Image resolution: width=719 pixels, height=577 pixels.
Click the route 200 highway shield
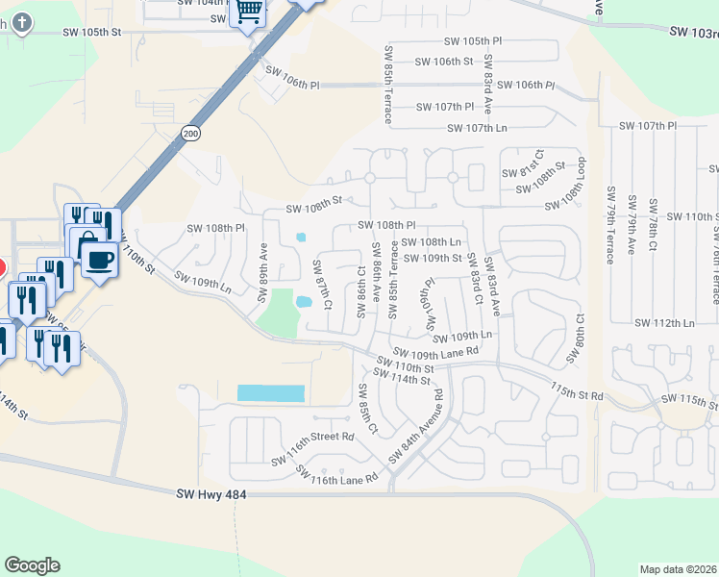tap(191, 133)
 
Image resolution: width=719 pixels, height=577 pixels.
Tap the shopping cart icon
tap(249, 12)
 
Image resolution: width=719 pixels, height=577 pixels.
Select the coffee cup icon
tap(99, 259)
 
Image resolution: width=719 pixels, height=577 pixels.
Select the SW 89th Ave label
tap(262, 271)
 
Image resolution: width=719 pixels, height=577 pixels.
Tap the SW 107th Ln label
tap(477, 128)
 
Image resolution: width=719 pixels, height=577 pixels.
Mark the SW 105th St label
tap(93, 32)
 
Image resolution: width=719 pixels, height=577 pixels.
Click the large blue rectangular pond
tap(271, 393)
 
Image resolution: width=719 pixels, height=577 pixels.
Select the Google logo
tap(32, 565)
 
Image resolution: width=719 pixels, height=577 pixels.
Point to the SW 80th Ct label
tap(576, 337)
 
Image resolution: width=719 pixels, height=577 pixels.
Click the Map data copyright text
tap(678, 569)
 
